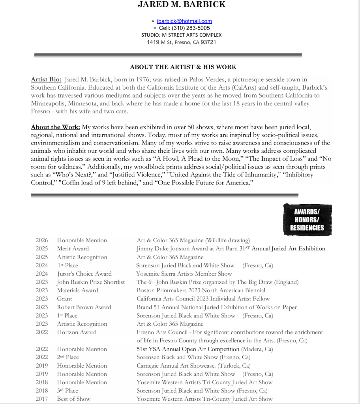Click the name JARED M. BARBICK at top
[182, 5]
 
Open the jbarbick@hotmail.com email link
[184, 21]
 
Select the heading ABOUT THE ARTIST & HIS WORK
[183, 67]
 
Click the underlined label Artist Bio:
[46, 80]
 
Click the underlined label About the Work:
[55, 127]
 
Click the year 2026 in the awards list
[41, 240]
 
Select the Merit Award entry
[73, 248]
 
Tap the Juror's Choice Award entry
[84, 274]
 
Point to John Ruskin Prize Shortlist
[91, 282]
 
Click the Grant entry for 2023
[64, 299]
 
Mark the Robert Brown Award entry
[84, 307]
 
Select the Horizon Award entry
[77, 332]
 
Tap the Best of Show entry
[73, 399]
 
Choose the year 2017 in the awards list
[41, 399]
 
